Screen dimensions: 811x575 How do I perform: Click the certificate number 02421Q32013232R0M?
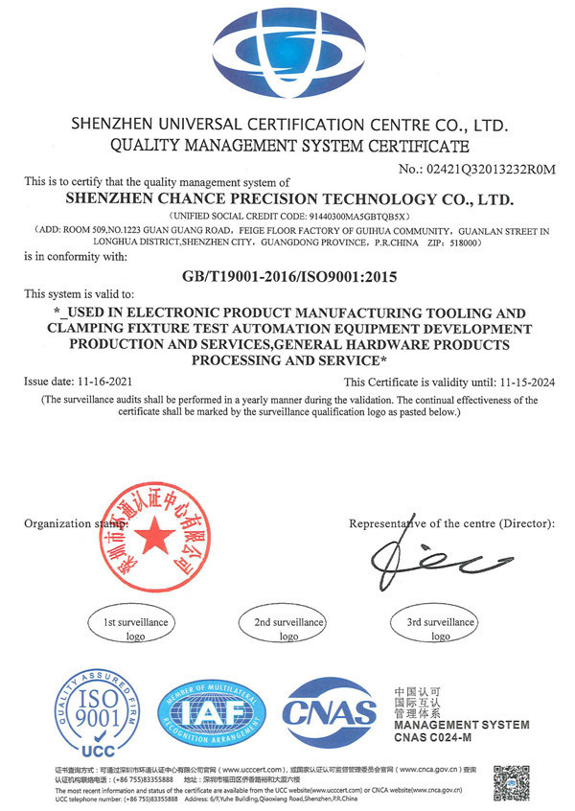[x=492, y=170]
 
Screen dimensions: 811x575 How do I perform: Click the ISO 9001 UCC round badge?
[x=90, y=712]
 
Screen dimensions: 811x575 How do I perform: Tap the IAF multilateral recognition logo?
[x=209, y=712]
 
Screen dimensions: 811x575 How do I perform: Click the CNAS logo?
[x=329, y=712]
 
